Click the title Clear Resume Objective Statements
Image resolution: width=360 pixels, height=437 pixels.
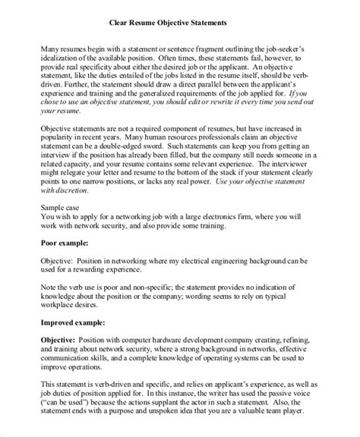pos(179,23)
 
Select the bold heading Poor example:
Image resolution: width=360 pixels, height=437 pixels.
pos(65,244)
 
